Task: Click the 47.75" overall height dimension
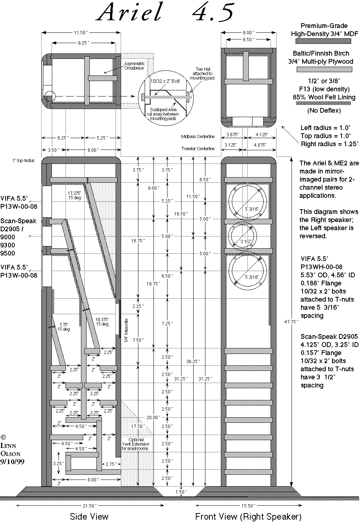pos(297,321)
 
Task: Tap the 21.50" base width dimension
pos(88,505)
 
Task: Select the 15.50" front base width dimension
pos(248,505)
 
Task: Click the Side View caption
pos(89,516)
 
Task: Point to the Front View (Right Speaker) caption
pos(248,516)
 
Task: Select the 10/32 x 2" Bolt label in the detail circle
pos(165,81)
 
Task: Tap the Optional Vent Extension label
pos(139,444)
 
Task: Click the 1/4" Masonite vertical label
pos(126,331)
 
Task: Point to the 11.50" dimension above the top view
pos(81,33)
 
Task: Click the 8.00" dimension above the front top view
pos(248,33)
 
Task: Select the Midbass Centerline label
pos(198,137)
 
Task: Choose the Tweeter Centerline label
pos(198,149)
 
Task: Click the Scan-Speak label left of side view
pos(18,221)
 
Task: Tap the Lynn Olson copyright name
pos(10,449)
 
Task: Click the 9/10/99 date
pos(12,461)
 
